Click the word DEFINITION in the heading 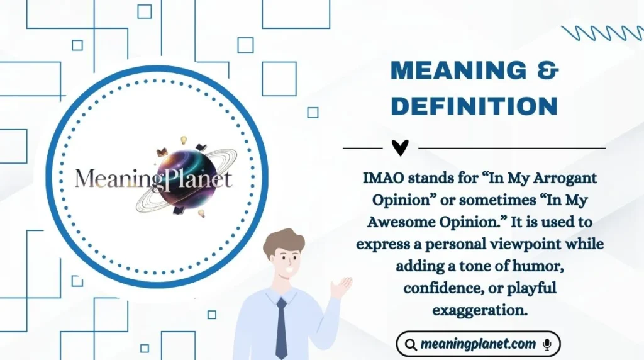pos(474,106)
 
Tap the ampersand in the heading pos(548,70)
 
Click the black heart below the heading pos(400,147)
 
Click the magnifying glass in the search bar pos(411,344)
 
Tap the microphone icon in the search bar pos(547,344)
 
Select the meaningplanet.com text pos(479,344)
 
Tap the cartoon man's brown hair pos(284,242)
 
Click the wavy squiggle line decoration pos(602,33)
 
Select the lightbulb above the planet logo pos(184,140)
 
